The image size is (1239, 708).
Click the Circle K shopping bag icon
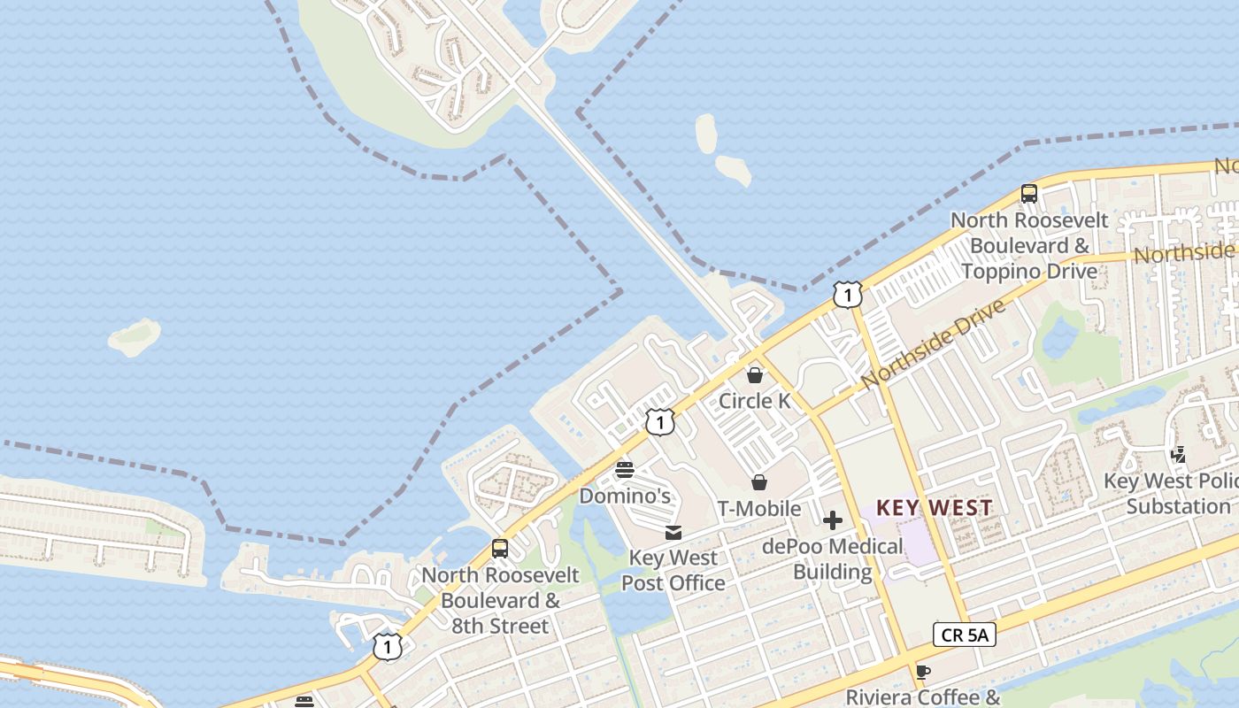point(755,375)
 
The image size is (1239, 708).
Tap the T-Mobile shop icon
point(759,482)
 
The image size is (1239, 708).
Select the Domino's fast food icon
point(625,469)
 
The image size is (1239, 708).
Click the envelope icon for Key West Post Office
point(673,533)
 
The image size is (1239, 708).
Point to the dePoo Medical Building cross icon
point(833,520)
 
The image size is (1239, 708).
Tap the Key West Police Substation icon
point(1178,455)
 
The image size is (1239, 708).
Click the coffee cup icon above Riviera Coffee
point(923,672)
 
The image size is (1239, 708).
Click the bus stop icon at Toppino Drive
point(1028,194)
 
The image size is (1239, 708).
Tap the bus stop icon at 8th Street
point(500,549)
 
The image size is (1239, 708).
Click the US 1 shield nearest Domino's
point(660,422)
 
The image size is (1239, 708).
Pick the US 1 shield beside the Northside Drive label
point(848,295)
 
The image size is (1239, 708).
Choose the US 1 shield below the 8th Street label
point(387,647)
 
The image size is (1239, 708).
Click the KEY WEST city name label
point(935,508)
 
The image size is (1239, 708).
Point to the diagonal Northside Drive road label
point(933,343)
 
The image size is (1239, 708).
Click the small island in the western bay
point(135,336)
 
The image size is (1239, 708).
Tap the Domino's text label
point(625,496)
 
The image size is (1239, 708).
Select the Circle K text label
point(755,401)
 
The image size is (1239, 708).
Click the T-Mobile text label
point(759,509)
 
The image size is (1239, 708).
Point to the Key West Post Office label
point(673,571)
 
